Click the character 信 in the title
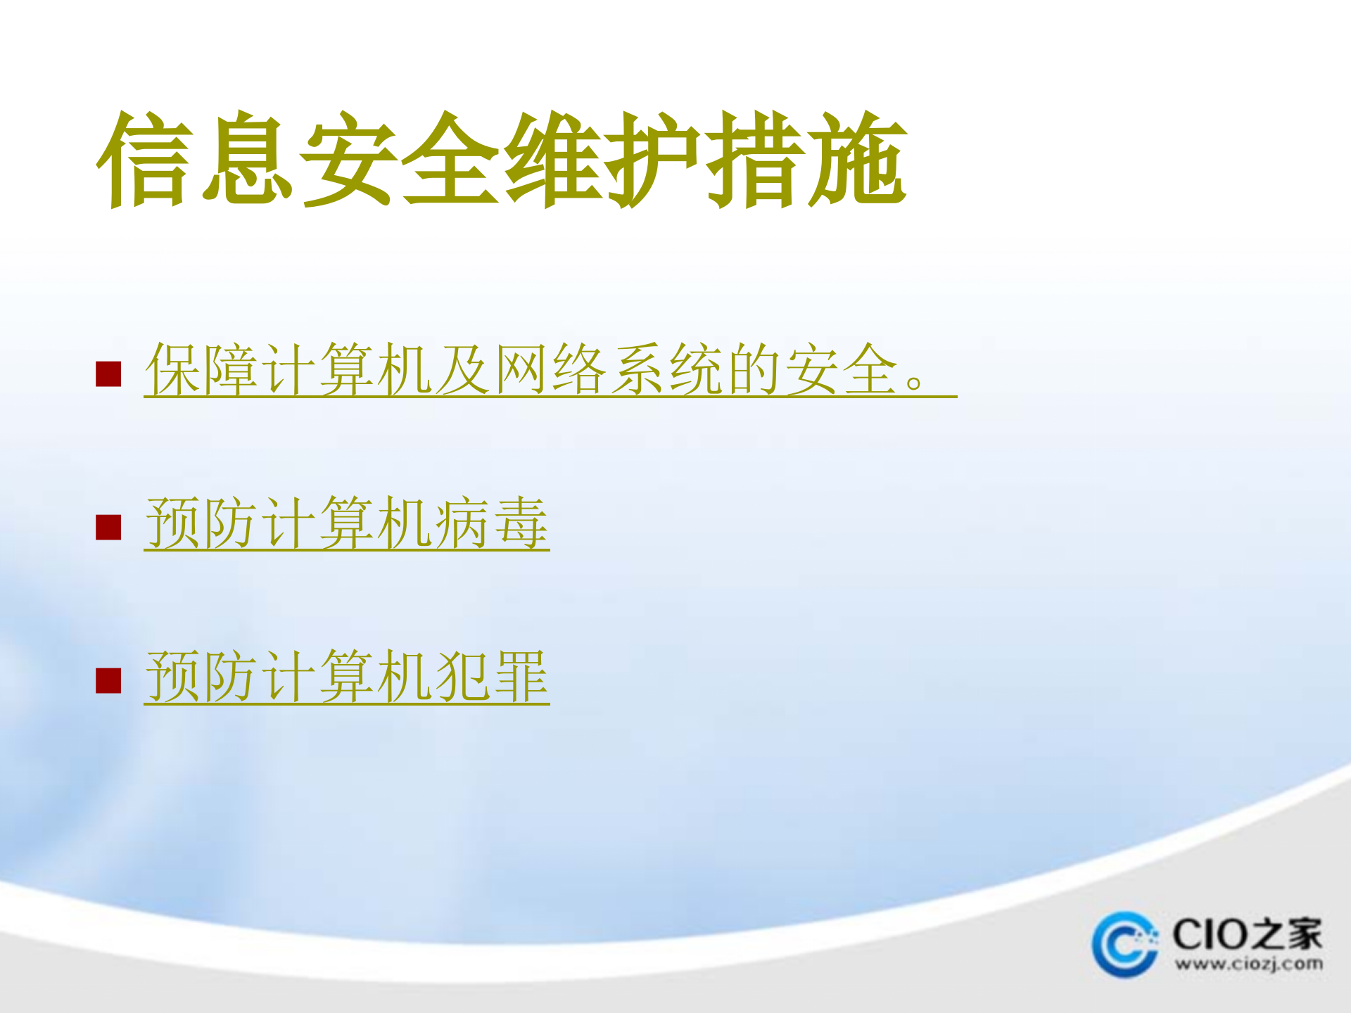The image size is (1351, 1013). pos(145,160)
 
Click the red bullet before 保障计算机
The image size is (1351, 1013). pos(108,374)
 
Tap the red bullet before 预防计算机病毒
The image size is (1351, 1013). pos(108,527)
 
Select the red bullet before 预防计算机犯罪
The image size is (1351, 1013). pos(108,680)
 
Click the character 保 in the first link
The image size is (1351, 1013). pos(172,369)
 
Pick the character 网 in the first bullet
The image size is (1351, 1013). pos(521,369)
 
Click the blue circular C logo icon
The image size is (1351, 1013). pos(1125,944)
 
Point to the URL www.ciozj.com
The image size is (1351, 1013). pos(1248,964)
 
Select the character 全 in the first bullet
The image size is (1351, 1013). pos(871,369)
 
